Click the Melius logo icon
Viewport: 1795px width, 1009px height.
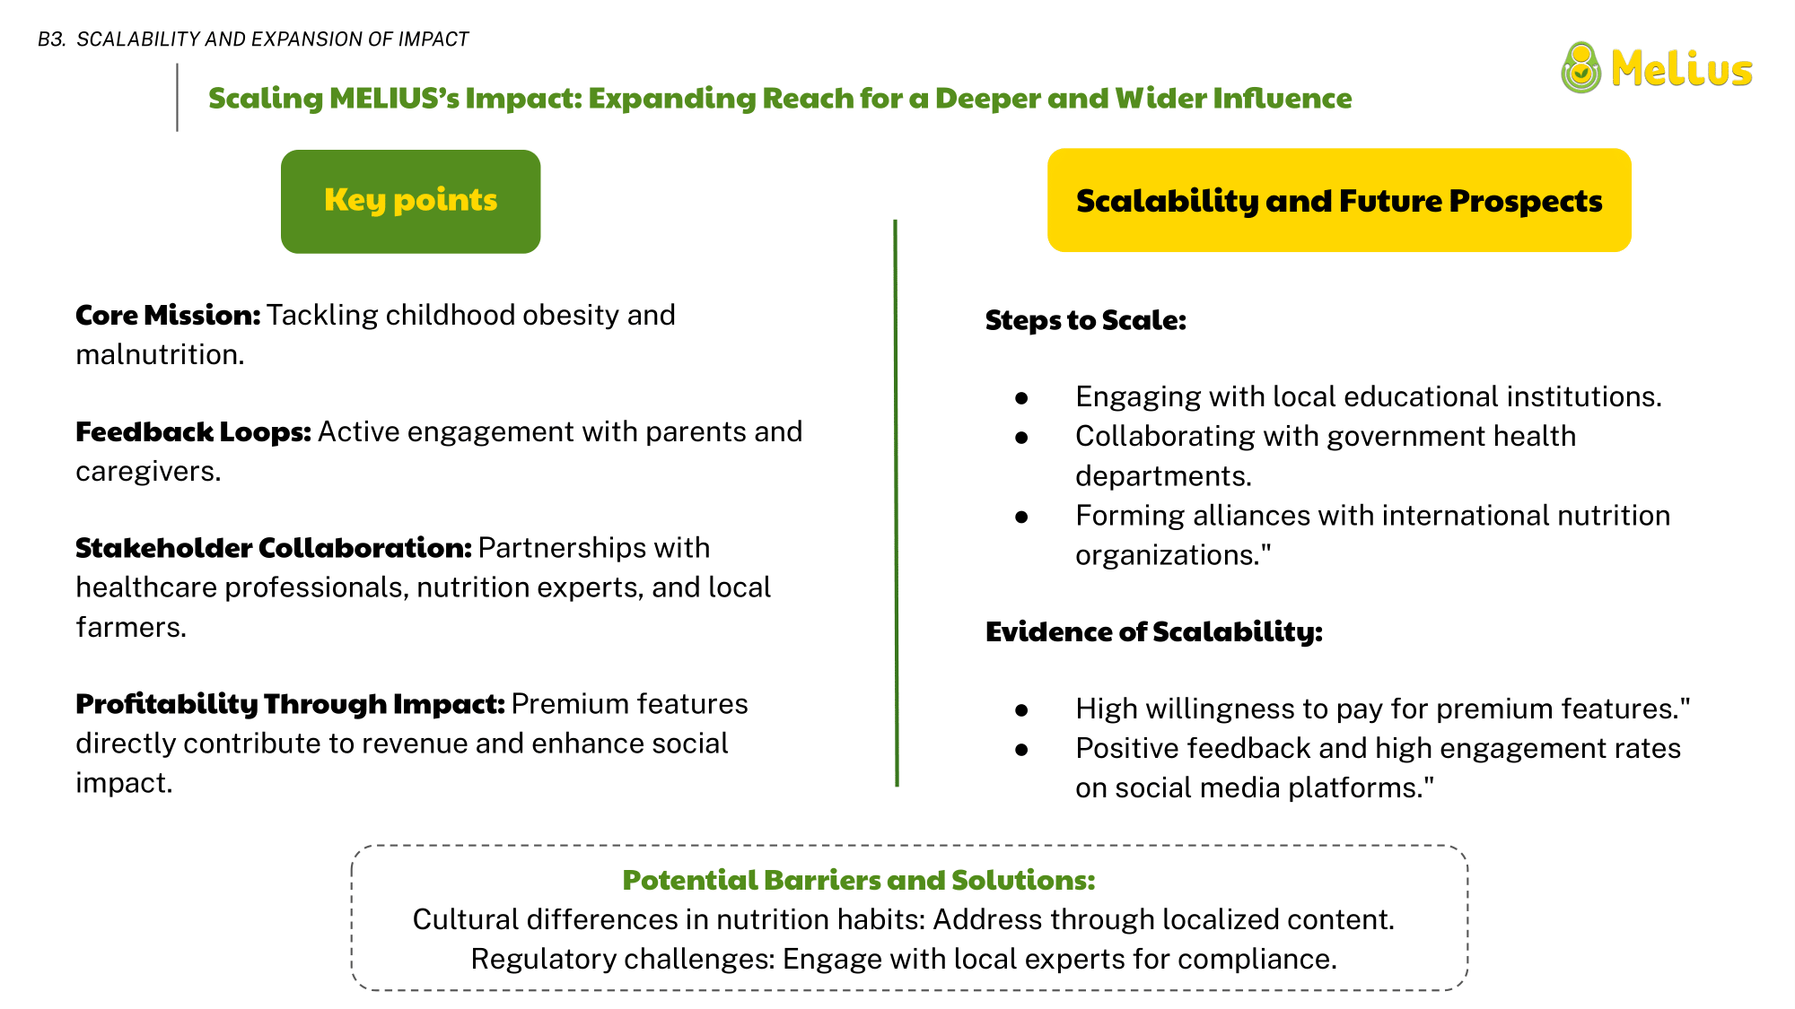pos(1580,68)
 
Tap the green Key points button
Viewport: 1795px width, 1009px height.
pos(410,201)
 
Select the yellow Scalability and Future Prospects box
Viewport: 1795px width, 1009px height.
pos(1339,200)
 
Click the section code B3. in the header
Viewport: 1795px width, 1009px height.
pos(52,39)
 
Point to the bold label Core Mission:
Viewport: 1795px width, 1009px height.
pos(168,315)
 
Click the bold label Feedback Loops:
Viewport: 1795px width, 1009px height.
pos(193,431)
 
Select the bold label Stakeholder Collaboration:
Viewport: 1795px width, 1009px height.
pos(274,547)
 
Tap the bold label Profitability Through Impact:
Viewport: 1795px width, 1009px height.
pos(290,704)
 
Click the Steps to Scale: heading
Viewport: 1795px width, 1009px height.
pos(1086,320)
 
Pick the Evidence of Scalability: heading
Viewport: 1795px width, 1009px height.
pos(1154,631)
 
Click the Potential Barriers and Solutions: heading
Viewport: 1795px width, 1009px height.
pos(859,880)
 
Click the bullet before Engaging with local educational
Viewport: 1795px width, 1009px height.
pos(1021,397)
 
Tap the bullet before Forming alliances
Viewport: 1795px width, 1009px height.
pos(1021,517)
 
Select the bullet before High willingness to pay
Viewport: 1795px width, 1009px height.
pos(1021,709)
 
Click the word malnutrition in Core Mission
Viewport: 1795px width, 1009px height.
pos(157,354)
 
